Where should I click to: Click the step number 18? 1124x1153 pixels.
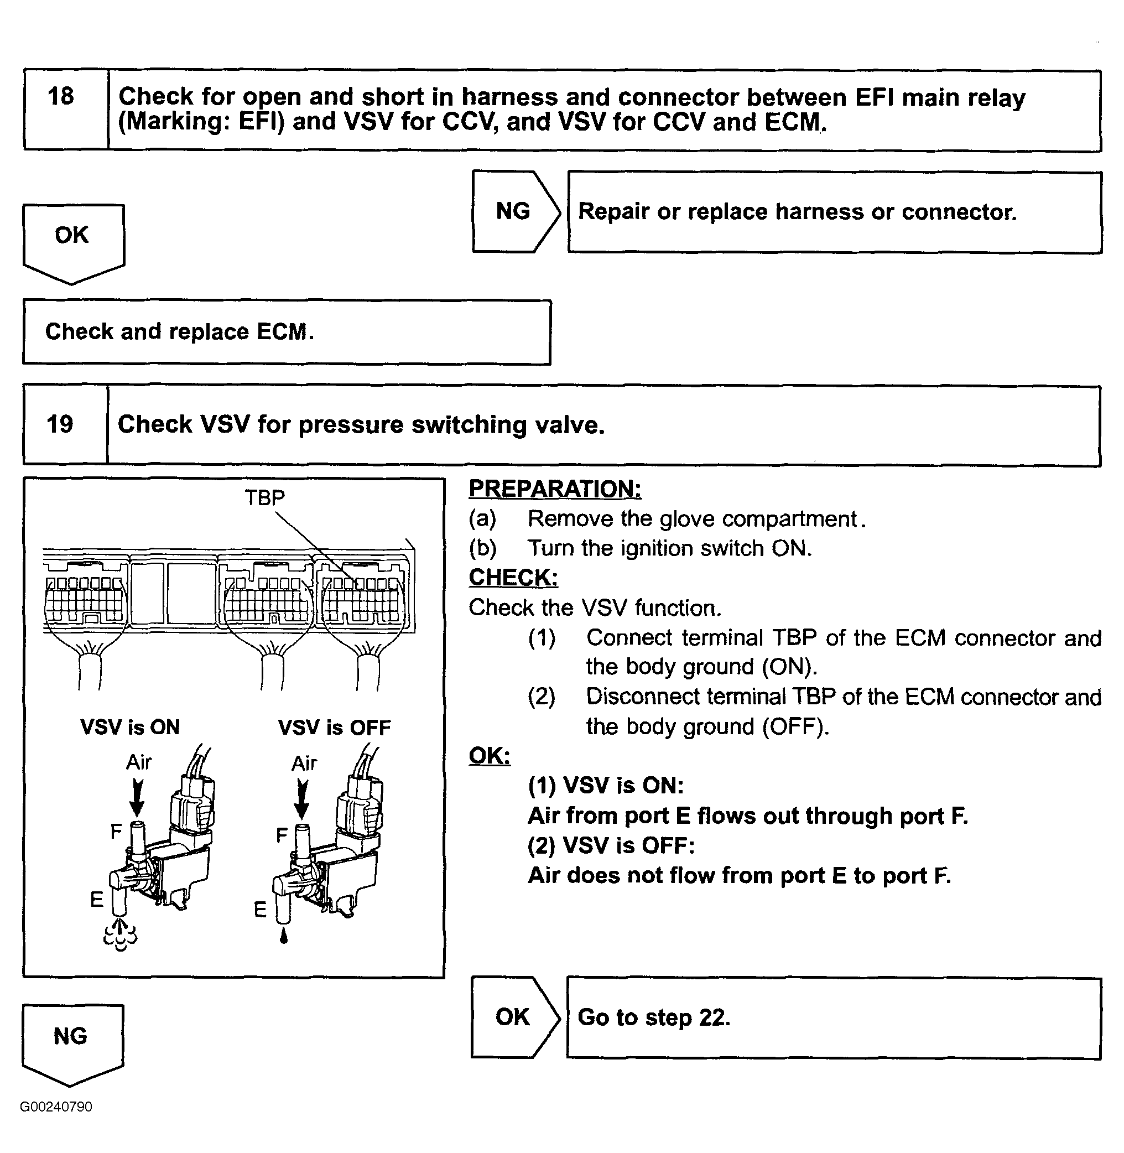point(61,96)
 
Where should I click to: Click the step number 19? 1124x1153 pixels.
point(60,424)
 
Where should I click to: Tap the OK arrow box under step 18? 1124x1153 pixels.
point(72,240)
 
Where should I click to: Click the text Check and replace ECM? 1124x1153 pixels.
point(179,332)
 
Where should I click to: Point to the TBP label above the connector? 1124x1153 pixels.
point(264,498)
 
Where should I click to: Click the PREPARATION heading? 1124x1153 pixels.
point(555,489)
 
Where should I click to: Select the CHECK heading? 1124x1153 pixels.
point(513,578)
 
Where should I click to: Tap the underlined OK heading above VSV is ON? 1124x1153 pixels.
point(490,755)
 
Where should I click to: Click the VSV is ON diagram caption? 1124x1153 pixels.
point(130,727)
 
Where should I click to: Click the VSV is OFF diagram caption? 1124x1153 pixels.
point(334,728)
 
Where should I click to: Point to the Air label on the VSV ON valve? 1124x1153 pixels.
point(139,762)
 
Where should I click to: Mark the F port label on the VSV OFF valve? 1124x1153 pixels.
point(282,834)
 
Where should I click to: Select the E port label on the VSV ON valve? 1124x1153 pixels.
point(96,899)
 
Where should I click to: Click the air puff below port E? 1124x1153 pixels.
point(121,934)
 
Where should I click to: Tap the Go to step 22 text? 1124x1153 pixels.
point(654,1017)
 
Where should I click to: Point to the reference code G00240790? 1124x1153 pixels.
point(56,1107)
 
